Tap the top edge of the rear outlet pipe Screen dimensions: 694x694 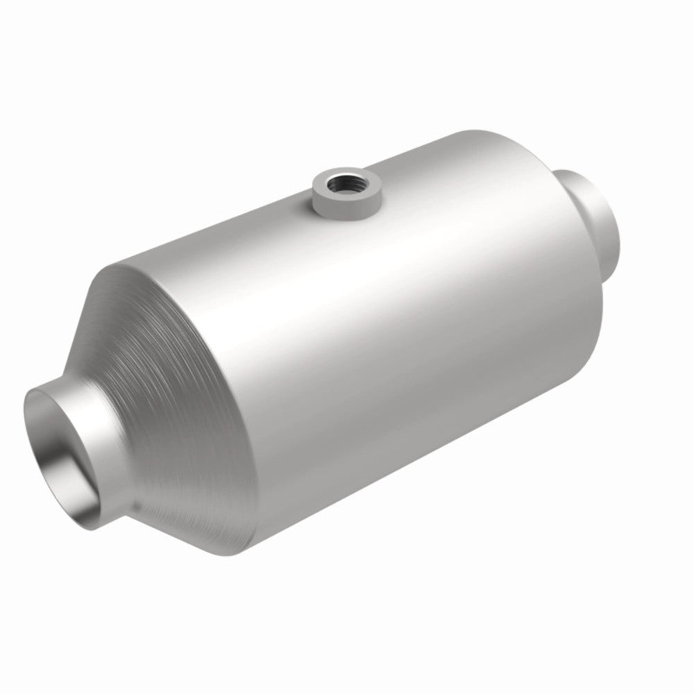[583, 171]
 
